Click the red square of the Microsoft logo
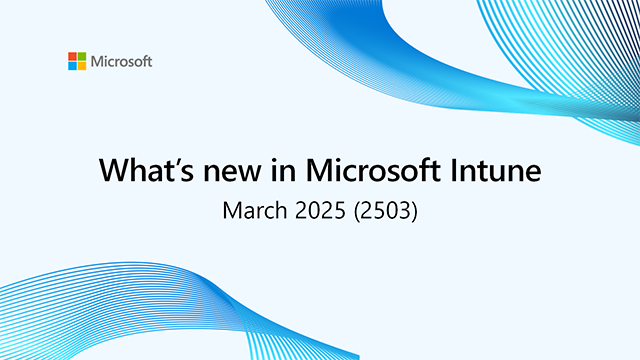(x=72, y=57)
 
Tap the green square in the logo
(x=81, y=57)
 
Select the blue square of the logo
(x=72, y=66)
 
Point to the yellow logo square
(x=81, y=66)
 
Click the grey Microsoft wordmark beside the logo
(x=121, y=62)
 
